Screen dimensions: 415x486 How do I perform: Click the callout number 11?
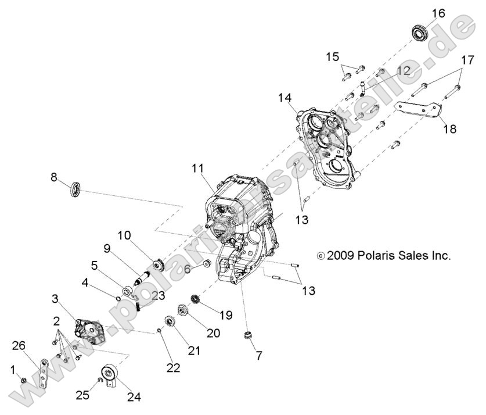pos(199,169)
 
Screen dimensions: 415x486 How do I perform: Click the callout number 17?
pos(467,60)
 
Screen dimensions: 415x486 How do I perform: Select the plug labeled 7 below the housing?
pos(249,335)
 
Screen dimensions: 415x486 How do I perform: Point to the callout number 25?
pos(82,395)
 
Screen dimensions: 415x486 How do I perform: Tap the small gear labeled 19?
pos(195,302)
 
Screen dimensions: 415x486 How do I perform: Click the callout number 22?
pos(173,367)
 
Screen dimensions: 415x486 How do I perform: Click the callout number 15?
pos(332,57)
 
